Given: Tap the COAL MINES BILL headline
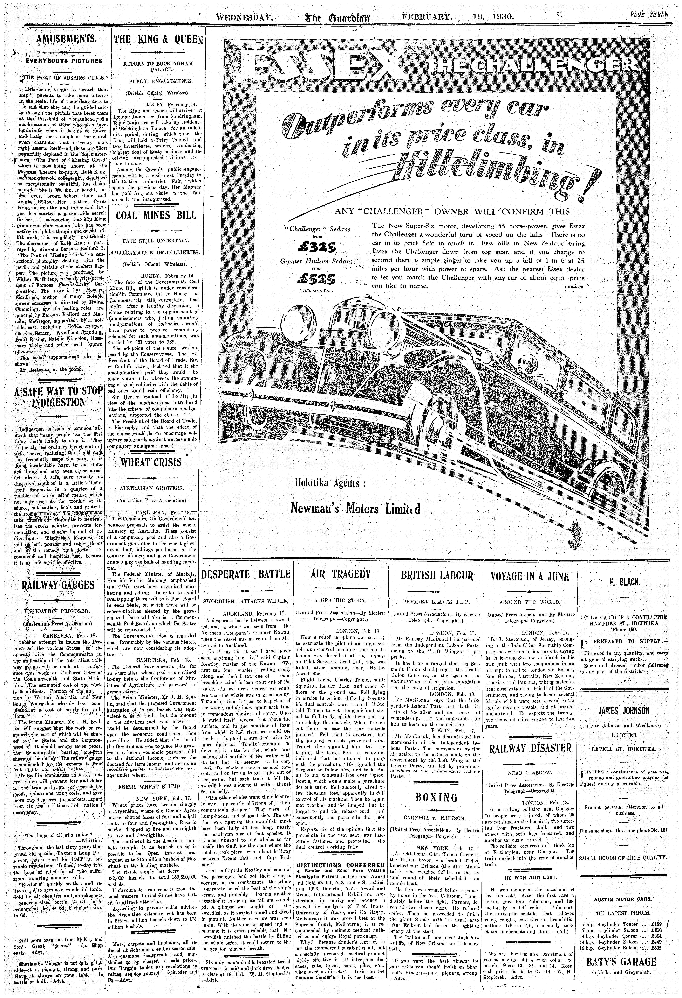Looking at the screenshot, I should (156, 215).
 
